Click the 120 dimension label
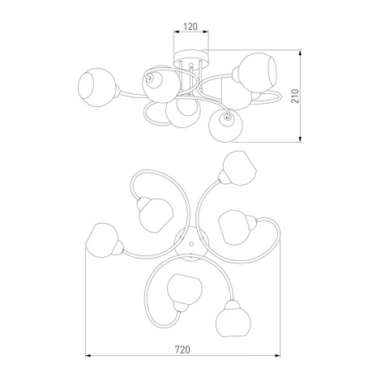(x=190, y=27)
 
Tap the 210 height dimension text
(x=295, y=96)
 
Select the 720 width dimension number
(x=182, y=349)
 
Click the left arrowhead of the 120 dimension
(x=177, y=32)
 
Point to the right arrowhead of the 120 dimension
(x=206, y=32)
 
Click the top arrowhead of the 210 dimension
(x=300, y=53)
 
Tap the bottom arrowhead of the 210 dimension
(x=300, y=139)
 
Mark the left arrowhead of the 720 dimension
(x=88, y=356)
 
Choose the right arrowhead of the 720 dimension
(x=277, y=356)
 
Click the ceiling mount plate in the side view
(x=191, y=57)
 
